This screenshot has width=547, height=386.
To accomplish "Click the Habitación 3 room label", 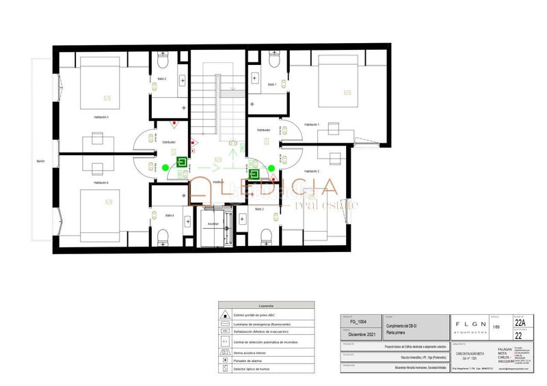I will (x=102, y=118).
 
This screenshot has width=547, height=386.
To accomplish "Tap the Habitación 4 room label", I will (x=102, y=183).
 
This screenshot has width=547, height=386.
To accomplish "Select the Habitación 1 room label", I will (x=312, y=124).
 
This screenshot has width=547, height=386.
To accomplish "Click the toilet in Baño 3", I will (x=163, y=61).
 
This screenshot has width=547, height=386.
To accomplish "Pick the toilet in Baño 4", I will (x=163, y=237).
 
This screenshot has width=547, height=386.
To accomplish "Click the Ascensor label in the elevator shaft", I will (x=213, y=223).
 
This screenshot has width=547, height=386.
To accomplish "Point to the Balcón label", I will (x=40, y=161).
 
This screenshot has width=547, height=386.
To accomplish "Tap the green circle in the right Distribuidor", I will (x=271, y=167).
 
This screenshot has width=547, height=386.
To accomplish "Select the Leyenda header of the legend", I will (x=266, y=305).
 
